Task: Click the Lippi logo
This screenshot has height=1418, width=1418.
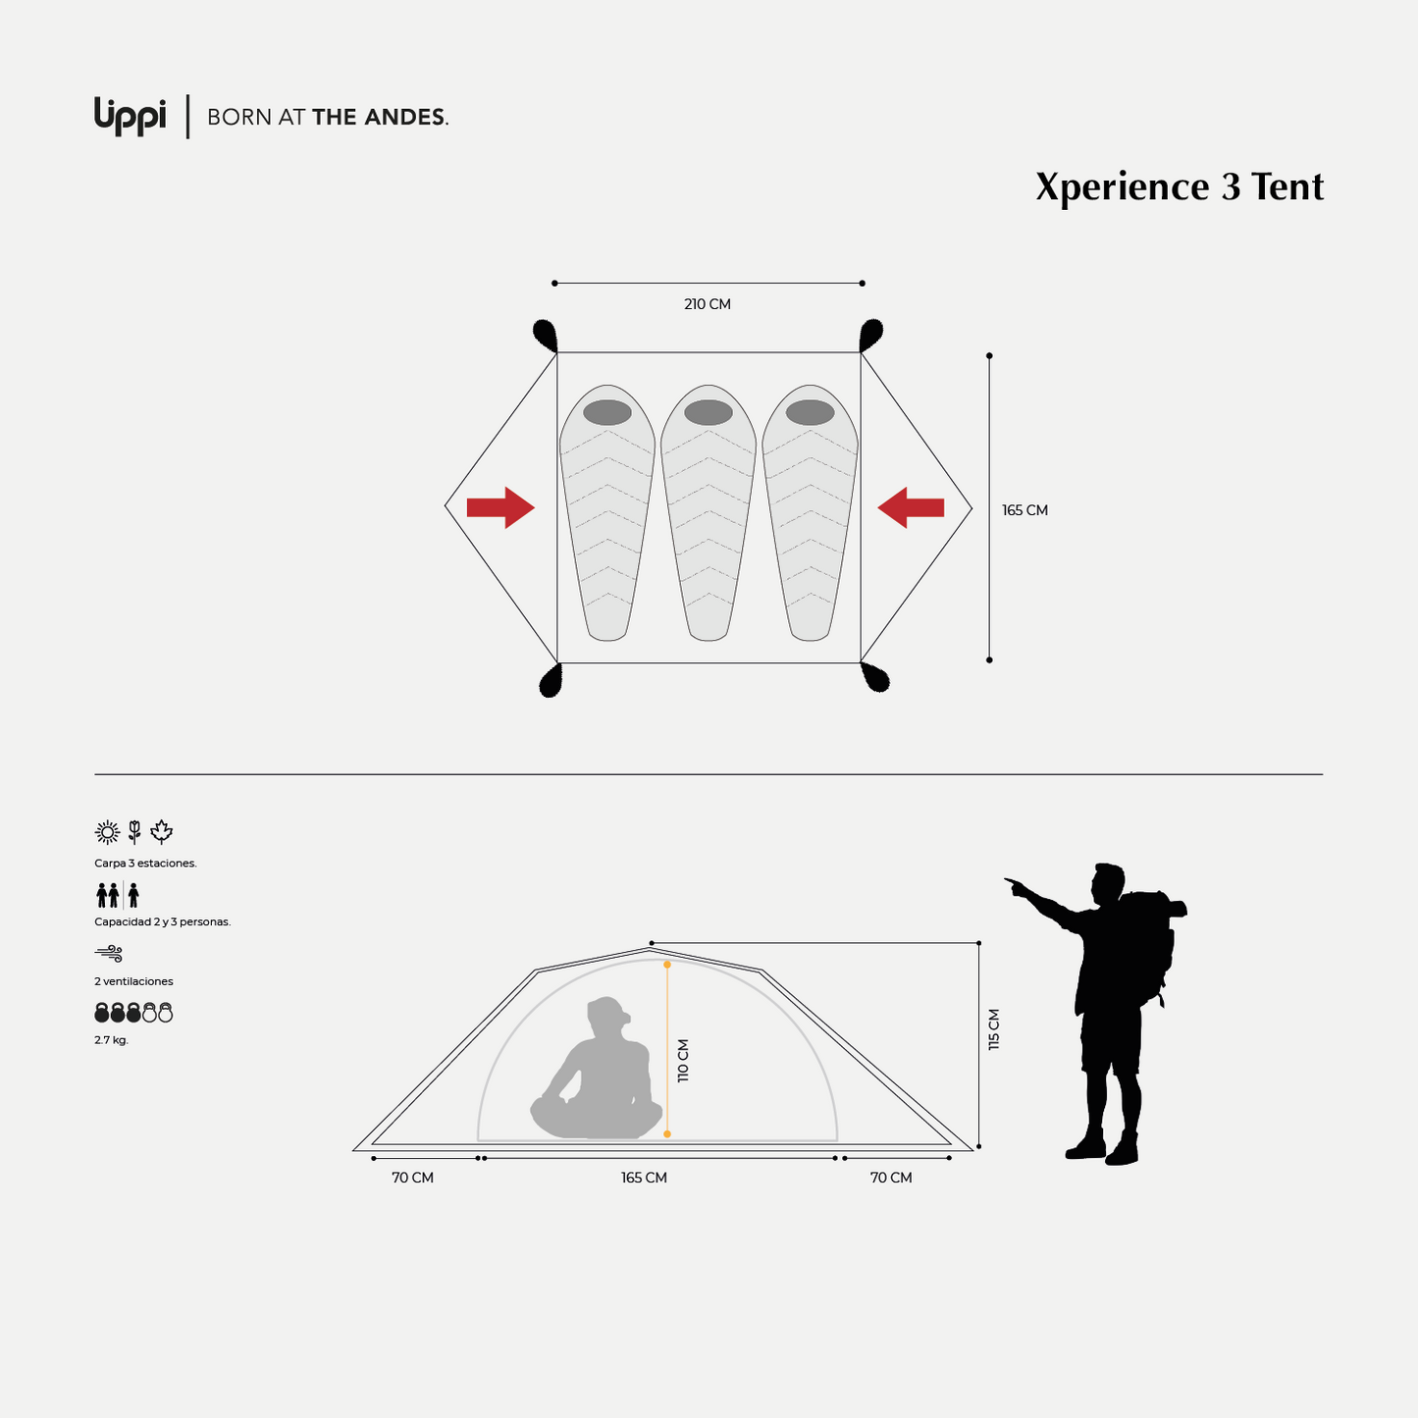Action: [x=130, y=115]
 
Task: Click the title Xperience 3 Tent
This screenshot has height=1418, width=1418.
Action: [x=1179, y=186]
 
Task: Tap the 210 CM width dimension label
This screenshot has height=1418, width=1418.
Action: [x=708, y=304]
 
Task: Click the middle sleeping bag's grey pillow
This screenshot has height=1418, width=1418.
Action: [x=709, y=412]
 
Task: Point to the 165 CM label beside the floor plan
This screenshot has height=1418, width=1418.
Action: [x=1024, y=510]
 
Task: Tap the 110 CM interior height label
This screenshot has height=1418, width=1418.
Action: [x=683, y=1060]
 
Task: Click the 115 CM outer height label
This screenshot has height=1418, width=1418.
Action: [x=994, y=1029]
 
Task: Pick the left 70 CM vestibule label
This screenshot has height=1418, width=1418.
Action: [x=412, y=1178]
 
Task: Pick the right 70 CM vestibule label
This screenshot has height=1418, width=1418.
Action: [x=891, y=1178]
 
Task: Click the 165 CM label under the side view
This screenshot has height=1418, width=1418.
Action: [x=644, y=1178]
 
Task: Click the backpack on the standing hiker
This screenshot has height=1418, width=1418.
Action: [x=1153, y=942]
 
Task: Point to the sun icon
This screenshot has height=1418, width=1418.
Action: [x=107, y=832]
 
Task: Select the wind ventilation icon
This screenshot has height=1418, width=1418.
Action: [x=109, y=953]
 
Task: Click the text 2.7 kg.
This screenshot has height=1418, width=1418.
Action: [x=111, y=1040]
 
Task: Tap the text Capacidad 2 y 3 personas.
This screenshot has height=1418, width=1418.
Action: [x=162, y=922]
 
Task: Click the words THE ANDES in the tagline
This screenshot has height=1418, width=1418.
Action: [x=379, y=117]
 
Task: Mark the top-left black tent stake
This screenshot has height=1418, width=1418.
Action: [x=546, y=335]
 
